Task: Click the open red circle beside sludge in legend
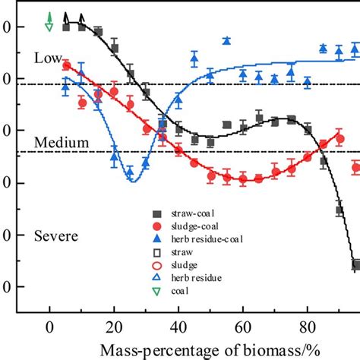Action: click(x=156, y=265)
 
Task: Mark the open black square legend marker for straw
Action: click(x=156, y=252)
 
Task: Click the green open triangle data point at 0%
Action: click(x=49, y=27)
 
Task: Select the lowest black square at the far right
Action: click(x=355, y=264)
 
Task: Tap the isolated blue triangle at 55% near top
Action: click(x=226, y=41)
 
